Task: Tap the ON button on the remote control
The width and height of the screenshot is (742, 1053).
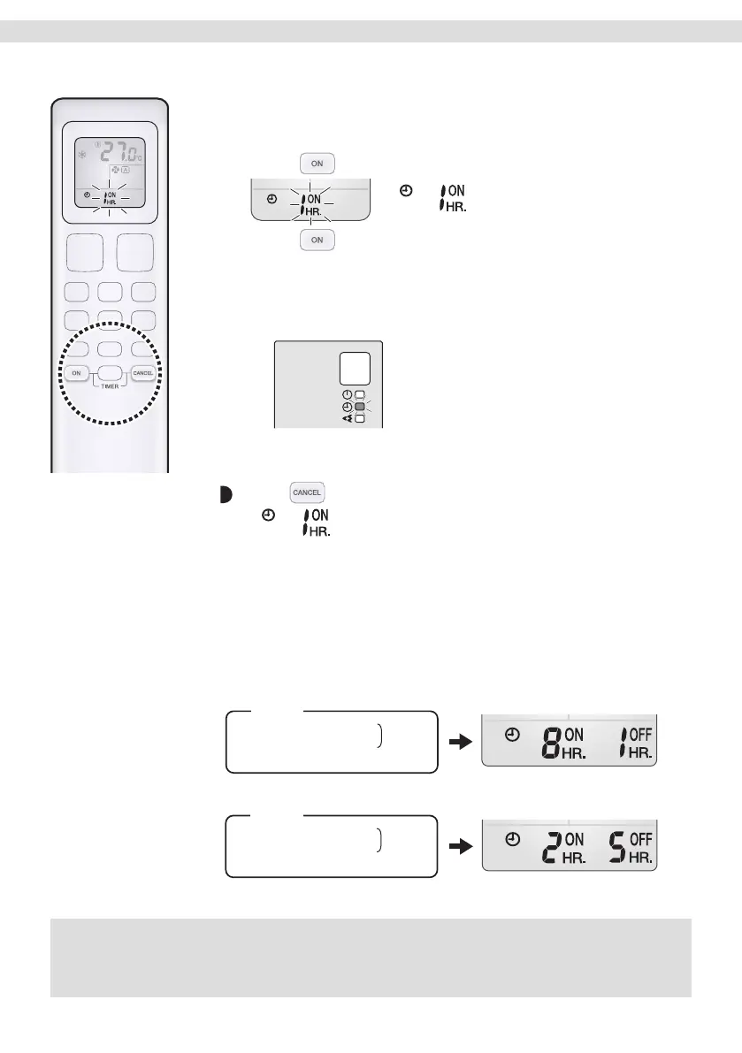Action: [x=77, y=373]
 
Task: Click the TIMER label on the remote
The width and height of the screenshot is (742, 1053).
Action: [x=110, y=387]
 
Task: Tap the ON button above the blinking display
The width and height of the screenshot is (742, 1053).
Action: [x=317, y=163]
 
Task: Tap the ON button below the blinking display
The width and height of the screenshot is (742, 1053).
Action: [x=317, y=240]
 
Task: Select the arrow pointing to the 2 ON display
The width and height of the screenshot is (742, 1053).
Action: [x=459, y=848]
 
